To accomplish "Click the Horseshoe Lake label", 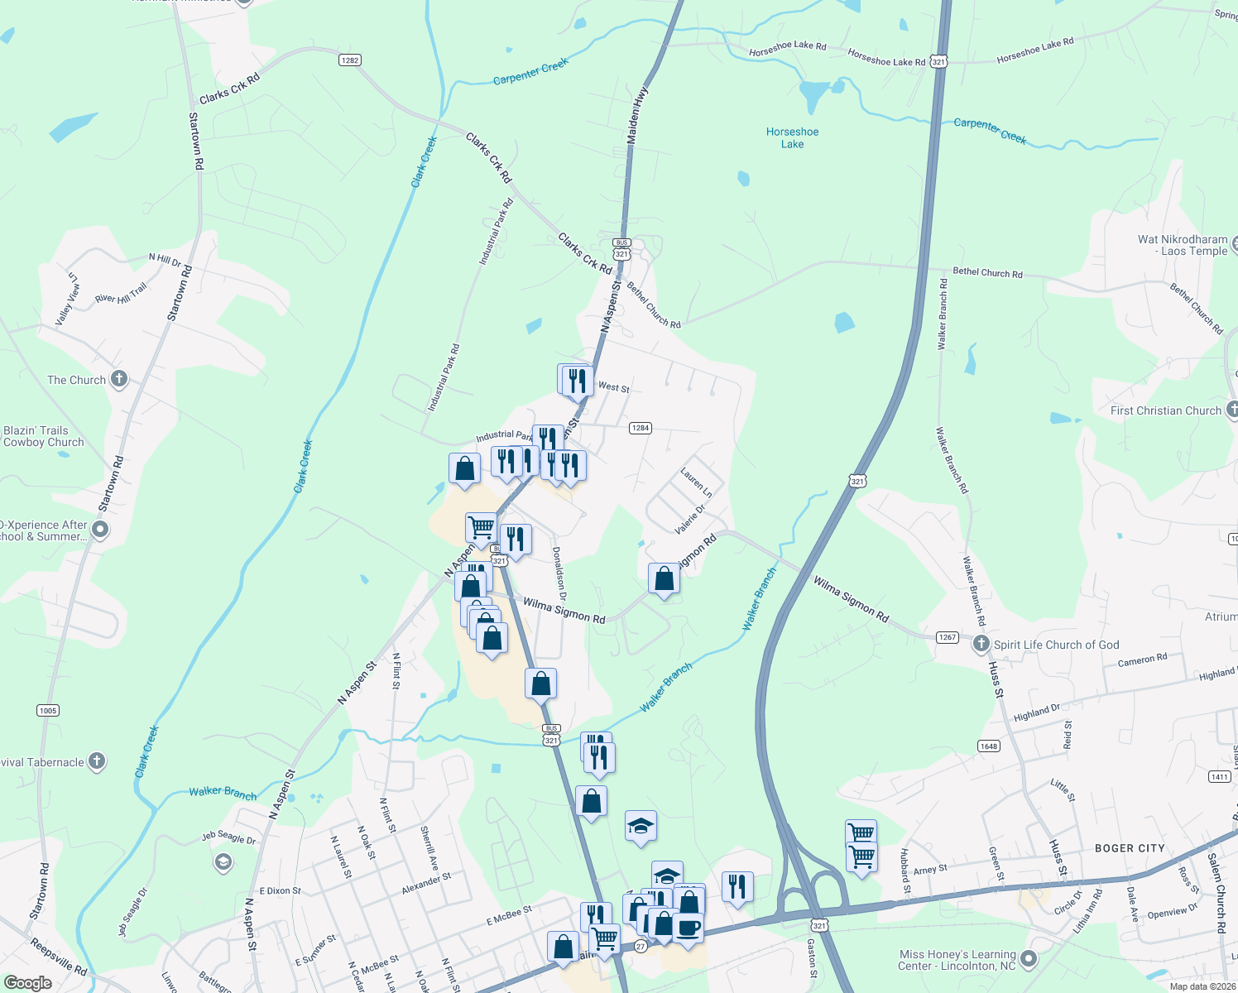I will pos(792,138).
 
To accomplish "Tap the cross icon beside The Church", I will pos(119,380).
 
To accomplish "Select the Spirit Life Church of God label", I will pos(1056,645).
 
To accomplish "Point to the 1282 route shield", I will pos(350,60).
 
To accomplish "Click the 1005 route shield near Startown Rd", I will pos(48,711).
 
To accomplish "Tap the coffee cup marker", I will pos(687,927).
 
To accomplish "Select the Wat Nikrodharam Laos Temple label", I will pos(1183,245).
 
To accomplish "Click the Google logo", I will pos(28,983).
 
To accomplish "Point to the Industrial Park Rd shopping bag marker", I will pos(465,468).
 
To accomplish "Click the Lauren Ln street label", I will pos(696,482).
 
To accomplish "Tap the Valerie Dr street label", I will pos(689,518).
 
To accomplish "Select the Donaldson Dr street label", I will pos(559,573).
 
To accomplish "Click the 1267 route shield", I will pos(948,637).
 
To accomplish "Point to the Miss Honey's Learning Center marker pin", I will pos(1029,959).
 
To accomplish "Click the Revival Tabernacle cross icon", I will pos(97,761).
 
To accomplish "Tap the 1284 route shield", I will pos(641,428).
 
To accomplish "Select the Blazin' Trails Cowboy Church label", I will pos(44,436).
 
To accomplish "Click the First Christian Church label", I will pos(1165,410).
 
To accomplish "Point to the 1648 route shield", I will pos(989,746).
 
